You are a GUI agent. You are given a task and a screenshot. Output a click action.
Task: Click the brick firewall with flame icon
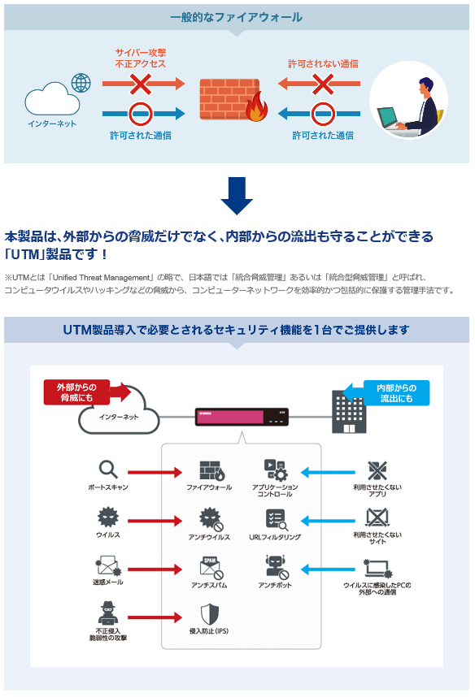coord(233,100)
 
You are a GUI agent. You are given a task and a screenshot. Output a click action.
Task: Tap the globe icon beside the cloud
coord(81,83)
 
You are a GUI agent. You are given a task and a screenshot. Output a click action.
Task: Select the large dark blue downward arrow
coord(237,196)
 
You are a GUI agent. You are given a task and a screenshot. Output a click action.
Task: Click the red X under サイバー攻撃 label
coord(141,84)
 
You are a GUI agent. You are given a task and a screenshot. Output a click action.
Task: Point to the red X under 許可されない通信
coord(323,84)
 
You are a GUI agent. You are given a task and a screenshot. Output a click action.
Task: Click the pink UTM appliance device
coord(242,417)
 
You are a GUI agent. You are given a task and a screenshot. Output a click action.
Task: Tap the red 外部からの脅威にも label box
coord(76,392)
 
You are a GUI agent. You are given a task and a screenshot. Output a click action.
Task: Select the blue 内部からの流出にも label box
coord(397,393)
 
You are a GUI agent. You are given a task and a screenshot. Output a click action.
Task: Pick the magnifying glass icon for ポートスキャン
coord(108,469)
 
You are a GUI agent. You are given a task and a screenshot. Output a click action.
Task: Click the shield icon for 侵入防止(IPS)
coord(209,614)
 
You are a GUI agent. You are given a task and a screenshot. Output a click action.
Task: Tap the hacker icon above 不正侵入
coord(107,613)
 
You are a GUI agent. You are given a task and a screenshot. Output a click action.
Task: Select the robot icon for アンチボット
coord(276,567)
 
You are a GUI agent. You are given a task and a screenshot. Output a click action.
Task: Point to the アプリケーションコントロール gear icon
coord(276,470)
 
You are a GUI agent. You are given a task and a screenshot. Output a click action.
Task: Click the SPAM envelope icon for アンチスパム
coord(211,568)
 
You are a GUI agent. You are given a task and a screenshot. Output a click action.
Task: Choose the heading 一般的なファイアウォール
coord(237,17)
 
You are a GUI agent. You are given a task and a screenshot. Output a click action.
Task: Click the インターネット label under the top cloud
coord(52,123)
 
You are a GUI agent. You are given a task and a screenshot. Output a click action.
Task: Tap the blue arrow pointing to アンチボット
coord(328,569)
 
